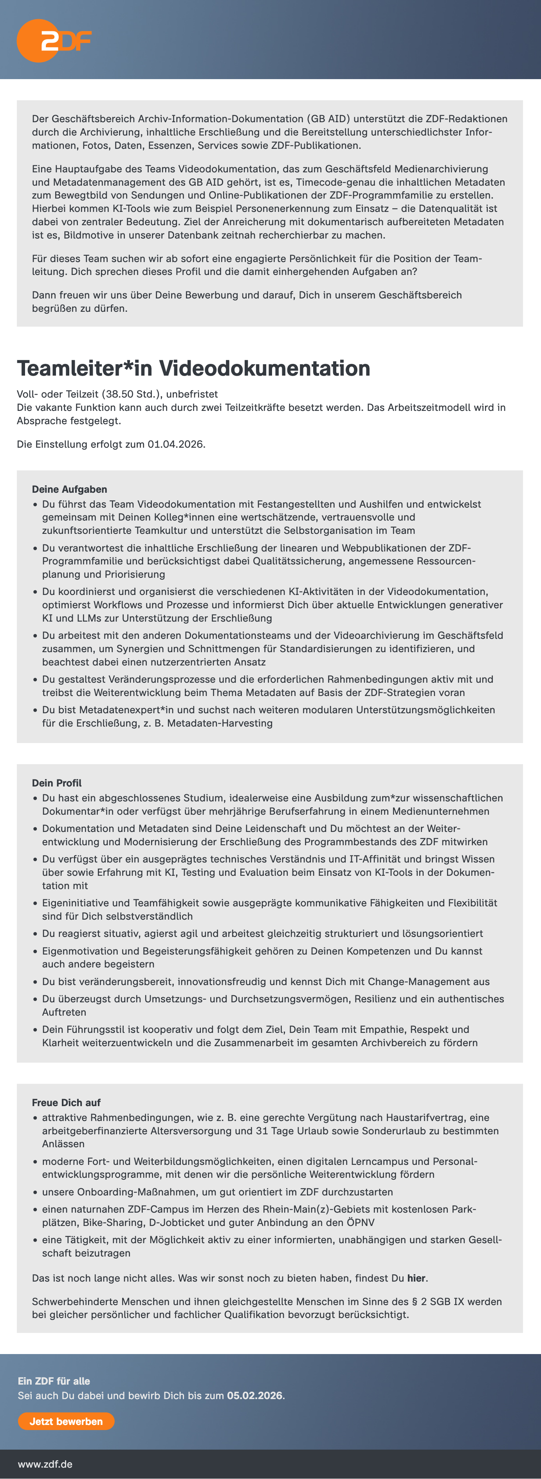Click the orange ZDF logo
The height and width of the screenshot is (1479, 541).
click(54, 41)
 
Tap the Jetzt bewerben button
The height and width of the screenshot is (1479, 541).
click(66, 1421)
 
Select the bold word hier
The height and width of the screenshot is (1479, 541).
click(417, 1278)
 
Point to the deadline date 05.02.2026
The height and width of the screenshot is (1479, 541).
click(255, 1395)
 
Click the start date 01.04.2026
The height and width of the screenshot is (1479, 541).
click(175, 444)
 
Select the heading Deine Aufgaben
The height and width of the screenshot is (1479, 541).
click(69, 489)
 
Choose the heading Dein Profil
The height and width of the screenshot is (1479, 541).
click(57, 783)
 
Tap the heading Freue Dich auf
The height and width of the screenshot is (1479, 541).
click(66, 1102)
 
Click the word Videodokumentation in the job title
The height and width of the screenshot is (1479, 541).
click(265, 368)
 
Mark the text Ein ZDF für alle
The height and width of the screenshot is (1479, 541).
click(54, 1381)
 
